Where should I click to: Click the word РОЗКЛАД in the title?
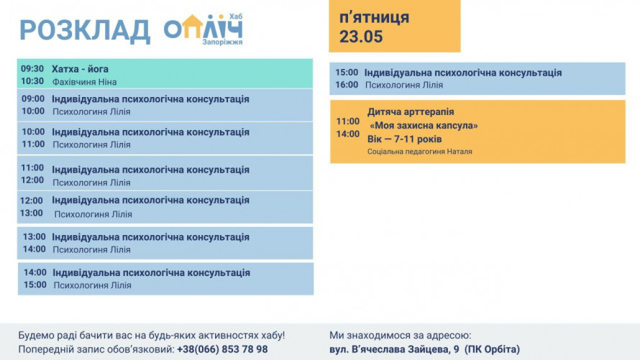point(85,31)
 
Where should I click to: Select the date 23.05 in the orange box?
point(361,36)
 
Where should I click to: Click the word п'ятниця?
point(374,18)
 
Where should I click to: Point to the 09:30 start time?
point(32,68)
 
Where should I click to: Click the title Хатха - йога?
point(80,69)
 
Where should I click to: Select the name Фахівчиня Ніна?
point(84,82)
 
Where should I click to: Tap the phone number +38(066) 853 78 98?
point(222,349)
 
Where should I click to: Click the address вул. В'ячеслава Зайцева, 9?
point(394,349)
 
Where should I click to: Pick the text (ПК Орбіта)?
point(493,349)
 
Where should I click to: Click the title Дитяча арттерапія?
point(411,111)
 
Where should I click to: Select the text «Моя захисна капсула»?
point(424,126)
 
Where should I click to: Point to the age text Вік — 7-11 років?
point(404,139)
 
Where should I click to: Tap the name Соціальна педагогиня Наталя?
point(419,152)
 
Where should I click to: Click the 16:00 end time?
point(347,85)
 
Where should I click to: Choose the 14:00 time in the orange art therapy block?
point(348,134)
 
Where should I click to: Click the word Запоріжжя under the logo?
point(222,42)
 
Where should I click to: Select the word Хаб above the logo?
point(236,17)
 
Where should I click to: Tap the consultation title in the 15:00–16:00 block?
point(463,73)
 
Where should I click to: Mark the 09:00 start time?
point(32,98)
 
